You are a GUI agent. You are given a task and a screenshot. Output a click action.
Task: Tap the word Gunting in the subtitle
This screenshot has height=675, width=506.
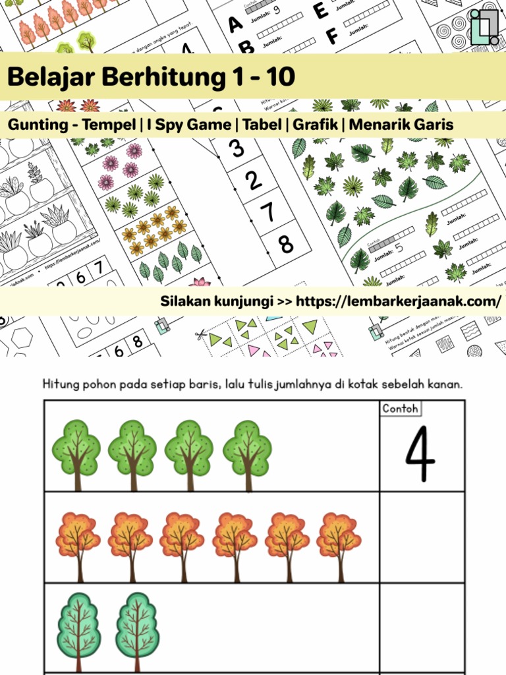pyautogui.click(x=36, y=125)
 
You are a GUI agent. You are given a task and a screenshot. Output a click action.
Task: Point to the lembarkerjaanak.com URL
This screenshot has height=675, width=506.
pyautogui.click(x=399, y=301)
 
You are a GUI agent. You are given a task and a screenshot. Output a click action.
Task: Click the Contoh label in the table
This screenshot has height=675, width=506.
pyautogui.click(x=400, y=409)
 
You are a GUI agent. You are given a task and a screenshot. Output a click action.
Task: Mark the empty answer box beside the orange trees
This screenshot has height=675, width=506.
pyautogui.click(x=422, y=537)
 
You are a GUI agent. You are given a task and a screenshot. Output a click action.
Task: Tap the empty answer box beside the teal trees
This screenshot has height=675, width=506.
pyautogui.click(x=422, y=626)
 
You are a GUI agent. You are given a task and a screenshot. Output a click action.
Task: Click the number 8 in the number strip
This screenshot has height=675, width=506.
pyautogui.click(x=285, y=245)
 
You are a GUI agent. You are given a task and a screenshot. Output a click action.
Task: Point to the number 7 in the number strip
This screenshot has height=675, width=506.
pyautogui.click(x=267, y=212)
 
